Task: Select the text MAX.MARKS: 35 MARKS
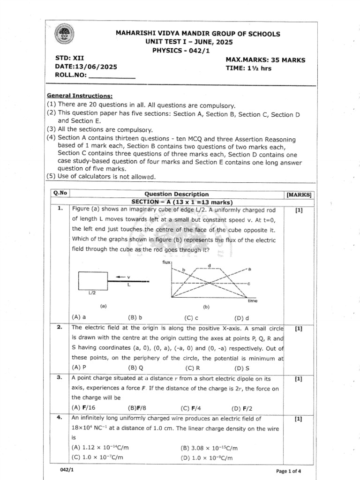click(265, 60)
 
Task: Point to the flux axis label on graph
click(166, 262)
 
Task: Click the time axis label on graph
click(253, 300)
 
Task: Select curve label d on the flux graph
click(210, 266)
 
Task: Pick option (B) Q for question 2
click(132, 368)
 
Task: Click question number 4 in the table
click(60, 419)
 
